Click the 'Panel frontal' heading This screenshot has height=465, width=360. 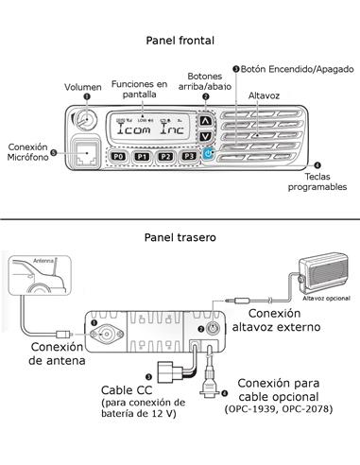[180, 41]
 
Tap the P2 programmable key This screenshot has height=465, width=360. [165, 156]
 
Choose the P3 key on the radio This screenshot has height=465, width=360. [190, 156]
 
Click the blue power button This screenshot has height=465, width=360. [207, 153]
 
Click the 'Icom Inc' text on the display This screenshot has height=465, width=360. [154, 133]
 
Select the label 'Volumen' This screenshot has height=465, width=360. [83, 87]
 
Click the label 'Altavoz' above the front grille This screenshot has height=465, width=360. [264, 96]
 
